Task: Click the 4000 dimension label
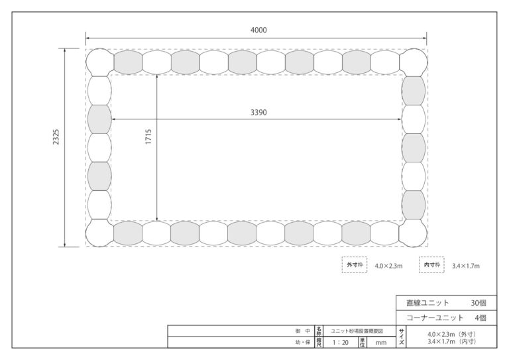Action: point(258,30)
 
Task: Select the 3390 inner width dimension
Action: point(258,112)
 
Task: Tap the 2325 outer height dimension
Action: point(56,137)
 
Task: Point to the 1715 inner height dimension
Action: point(148,137)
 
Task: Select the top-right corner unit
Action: point(414,62)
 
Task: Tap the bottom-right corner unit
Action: point(414,233)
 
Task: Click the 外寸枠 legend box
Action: point(355,265)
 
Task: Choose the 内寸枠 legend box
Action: point(431,265)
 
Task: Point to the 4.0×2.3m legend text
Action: point(388,266)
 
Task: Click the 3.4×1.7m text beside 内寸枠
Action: point(466,266)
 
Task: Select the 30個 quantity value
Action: point(479,303)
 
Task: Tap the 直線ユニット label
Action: point(427,303)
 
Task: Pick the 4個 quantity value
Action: point(481,318)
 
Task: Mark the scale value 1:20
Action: point(340,343)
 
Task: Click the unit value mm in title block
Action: point(381,343)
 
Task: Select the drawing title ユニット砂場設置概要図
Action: point(357,331)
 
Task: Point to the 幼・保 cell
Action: point(303,342)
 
